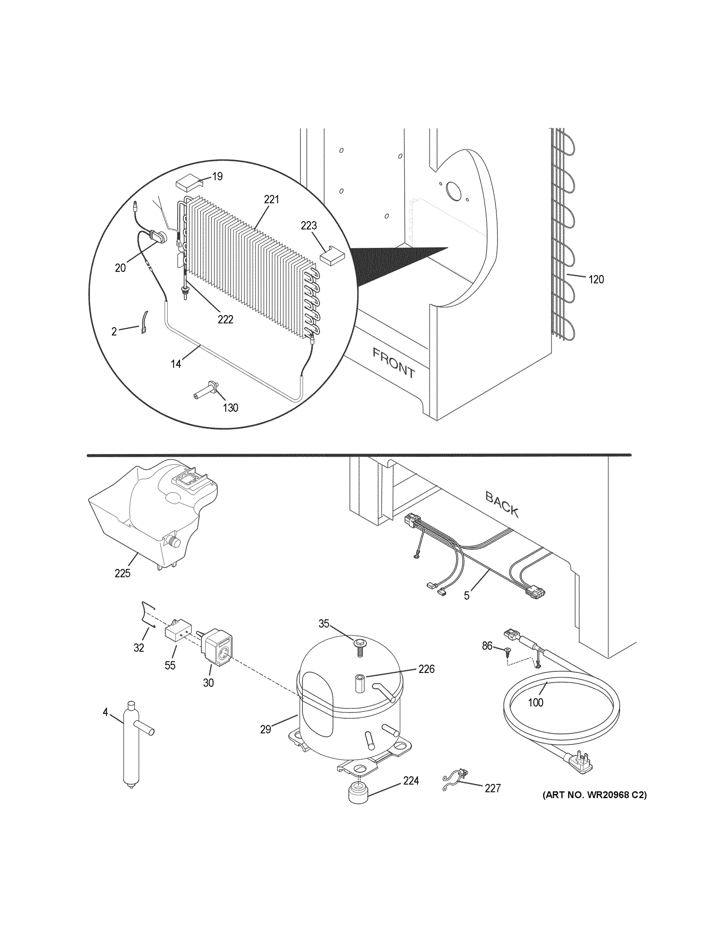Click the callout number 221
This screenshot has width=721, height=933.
271,199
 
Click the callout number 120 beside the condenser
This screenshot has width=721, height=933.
596,280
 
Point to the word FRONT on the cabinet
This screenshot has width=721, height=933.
393,363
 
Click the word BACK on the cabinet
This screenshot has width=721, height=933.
502,504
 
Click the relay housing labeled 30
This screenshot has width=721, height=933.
218,653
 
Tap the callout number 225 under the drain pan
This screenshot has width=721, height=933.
122,573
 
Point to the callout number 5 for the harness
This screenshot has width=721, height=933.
466,596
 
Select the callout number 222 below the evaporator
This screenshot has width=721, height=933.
225,319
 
